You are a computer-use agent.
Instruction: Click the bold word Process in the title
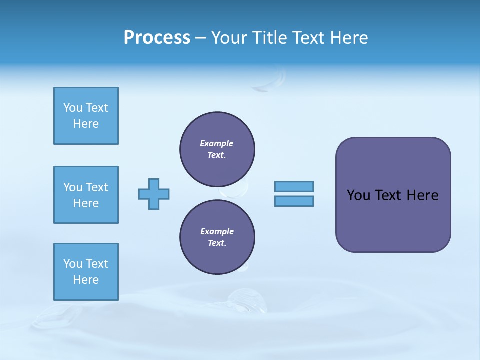(157, 38)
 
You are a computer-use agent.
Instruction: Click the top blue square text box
(86, 116)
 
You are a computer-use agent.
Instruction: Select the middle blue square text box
(86, 195)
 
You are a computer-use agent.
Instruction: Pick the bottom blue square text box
(86, 272)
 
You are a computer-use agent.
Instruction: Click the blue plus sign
(154, 194)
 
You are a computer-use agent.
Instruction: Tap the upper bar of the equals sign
(294, 186)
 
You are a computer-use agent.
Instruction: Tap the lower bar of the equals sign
(294, 201)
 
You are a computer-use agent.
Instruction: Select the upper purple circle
(217, 149)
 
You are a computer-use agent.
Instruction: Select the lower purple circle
(217, 237)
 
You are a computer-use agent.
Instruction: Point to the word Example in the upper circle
(216, 143)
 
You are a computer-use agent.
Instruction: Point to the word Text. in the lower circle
(217, 243)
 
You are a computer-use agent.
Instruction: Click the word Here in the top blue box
(86, 124)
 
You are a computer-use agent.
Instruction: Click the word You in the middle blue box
(73, 187)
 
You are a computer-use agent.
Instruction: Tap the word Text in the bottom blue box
(97, 264)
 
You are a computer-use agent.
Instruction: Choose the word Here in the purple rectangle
(422, 195)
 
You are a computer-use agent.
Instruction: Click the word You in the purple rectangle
(358, 195)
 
